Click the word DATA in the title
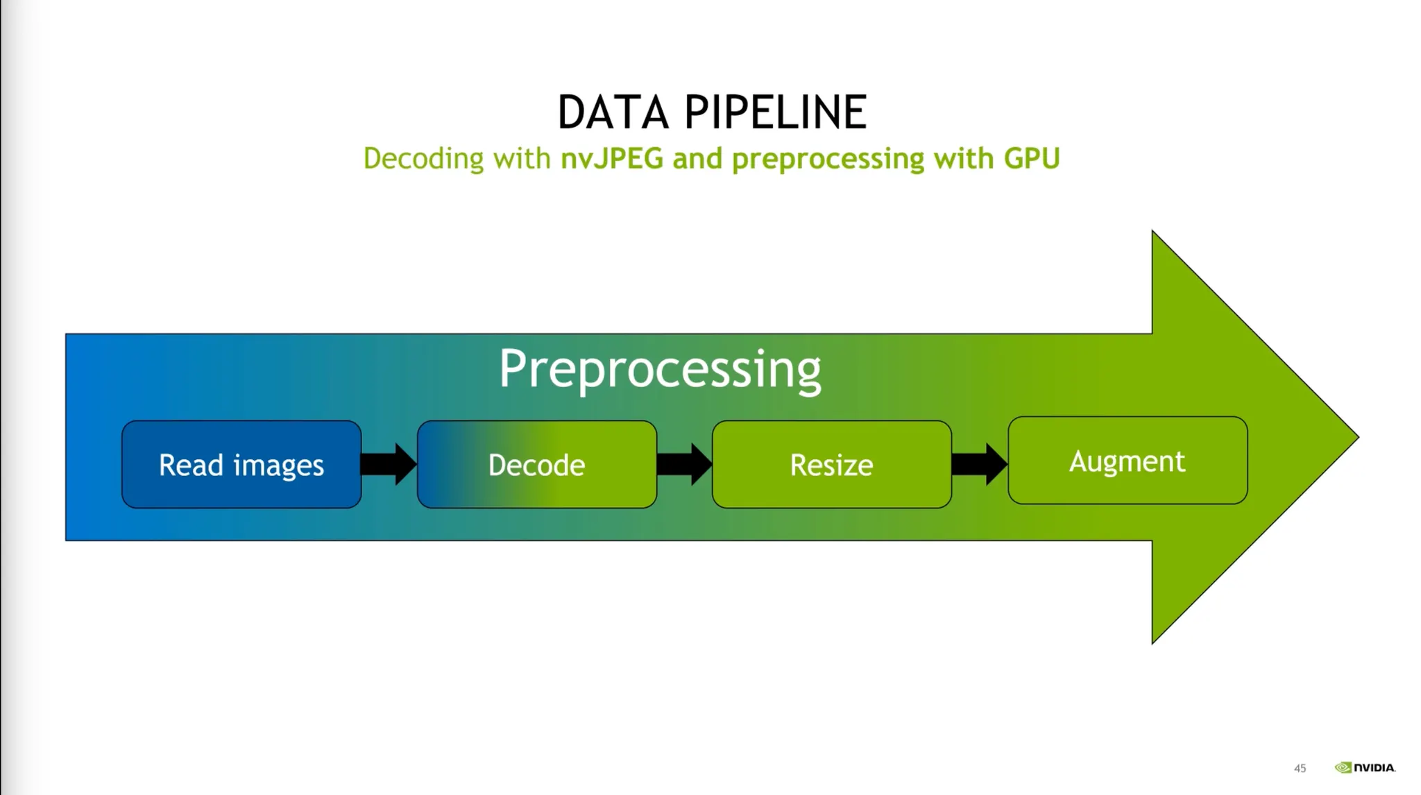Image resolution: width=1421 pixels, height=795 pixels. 613,112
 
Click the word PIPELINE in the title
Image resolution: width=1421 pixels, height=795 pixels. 776,112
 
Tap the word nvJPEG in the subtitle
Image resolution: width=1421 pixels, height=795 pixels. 611,159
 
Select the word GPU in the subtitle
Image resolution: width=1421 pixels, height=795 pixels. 1032,158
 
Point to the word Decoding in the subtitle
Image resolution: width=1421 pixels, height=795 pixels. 423,160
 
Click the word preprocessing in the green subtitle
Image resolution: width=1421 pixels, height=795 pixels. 828,160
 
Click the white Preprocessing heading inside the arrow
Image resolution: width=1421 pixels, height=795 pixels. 660,370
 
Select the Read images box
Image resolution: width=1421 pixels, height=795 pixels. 241,464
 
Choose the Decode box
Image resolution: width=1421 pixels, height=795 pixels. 537,464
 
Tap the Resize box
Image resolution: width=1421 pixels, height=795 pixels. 832,464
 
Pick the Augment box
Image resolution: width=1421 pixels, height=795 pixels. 1128,460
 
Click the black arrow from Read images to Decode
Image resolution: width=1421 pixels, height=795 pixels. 389,464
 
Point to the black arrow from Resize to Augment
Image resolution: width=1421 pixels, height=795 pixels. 980,464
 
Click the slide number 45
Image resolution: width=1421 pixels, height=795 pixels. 1300,768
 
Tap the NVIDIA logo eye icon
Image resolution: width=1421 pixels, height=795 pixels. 1343,767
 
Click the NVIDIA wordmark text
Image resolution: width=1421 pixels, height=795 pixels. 1375,767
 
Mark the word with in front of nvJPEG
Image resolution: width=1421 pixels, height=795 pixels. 522,159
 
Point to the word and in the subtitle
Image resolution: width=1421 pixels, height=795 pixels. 697,159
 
